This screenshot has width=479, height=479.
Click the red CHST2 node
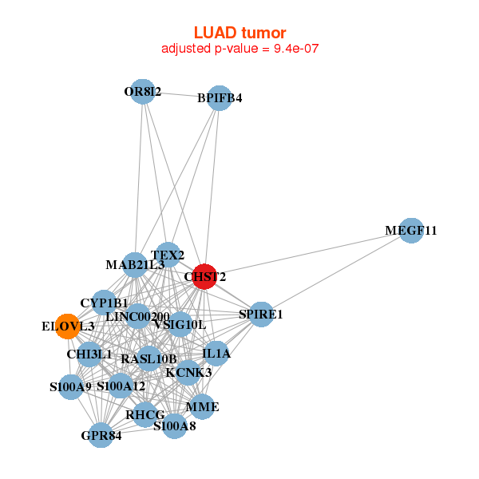(x=204, y=276)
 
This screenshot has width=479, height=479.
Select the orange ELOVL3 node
(x=68, y=326)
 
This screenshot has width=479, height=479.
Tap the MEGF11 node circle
(x=410, y=230)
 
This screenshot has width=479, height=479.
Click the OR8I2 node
(x=142, y=92)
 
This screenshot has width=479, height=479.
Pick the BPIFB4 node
(x=220, y=98)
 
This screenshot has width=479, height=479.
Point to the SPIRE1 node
(x=261, y=314)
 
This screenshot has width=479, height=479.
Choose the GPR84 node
(x=101, y=435)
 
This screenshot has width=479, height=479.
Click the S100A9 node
(x=71, y=387)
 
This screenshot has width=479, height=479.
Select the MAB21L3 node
(x=135, y=264)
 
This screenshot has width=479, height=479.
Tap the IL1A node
(x=216, y=353)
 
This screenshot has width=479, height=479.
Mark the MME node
(x=202, y=407)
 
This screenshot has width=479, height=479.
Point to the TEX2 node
(x=168, y=255)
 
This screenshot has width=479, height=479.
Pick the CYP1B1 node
(x=104, y=303)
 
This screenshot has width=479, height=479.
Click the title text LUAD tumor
(x=239, y=33)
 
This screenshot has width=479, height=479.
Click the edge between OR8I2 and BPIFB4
(x=180, y=95)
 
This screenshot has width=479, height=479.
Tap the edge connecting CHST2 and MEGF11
(x=307, y=253)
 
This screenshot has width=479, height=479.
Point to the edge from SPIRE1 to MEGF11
(x=335, y=272)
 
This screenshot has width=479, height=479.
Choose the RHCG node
(x=144, y=414)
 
